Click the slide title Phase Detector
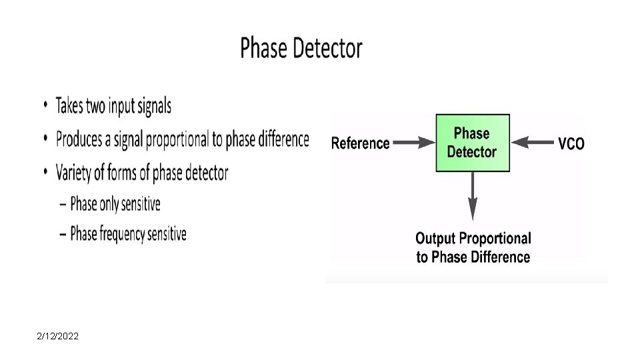tap(301, 49)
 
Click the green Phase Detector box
tap(472, 143)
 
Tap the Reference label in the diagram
tap(360, 143)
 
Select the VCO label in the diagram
tap(571, 143)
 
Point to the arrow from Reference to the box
tap(414, 142)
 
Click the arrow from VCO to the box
tap(534, 142)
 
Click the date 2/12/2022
tap(58, 337)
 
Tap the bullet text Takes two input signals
tap(113, 106)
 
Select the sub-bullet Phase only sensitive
tap(115, 203)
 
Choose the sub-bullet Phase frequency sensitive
tap(128, 234)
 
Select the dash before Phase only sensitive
tap(63, 204)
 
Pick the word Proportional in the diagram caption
tap(497, 238)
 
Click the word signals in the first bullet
tap(154, 106)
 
